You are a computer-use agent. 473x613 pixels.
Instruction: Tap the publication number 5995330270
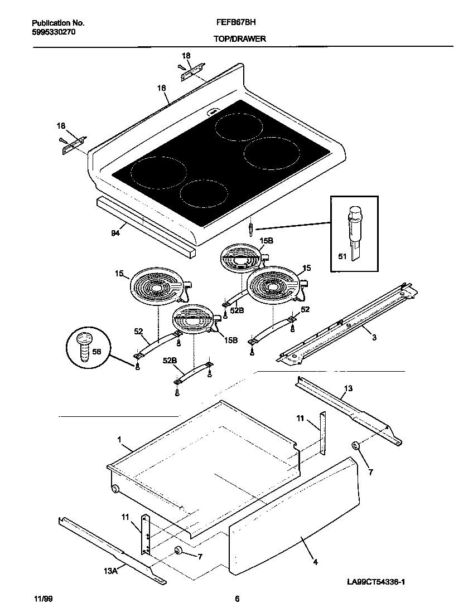54,32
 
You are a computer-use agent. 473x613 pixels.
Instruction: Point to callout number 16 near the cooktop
161,88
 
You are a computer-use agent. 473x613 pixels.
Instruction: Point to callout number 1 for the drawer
119,440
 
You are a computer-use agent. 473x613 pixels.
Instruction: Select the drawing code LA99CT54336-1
375,582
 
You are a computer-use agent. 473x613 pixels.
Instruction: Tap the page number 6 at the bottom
237,599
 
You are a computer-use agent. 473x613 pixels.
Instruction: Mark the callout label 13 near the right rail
347,388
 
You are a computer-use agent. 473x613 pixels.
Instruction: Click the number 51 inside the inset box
342,256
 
